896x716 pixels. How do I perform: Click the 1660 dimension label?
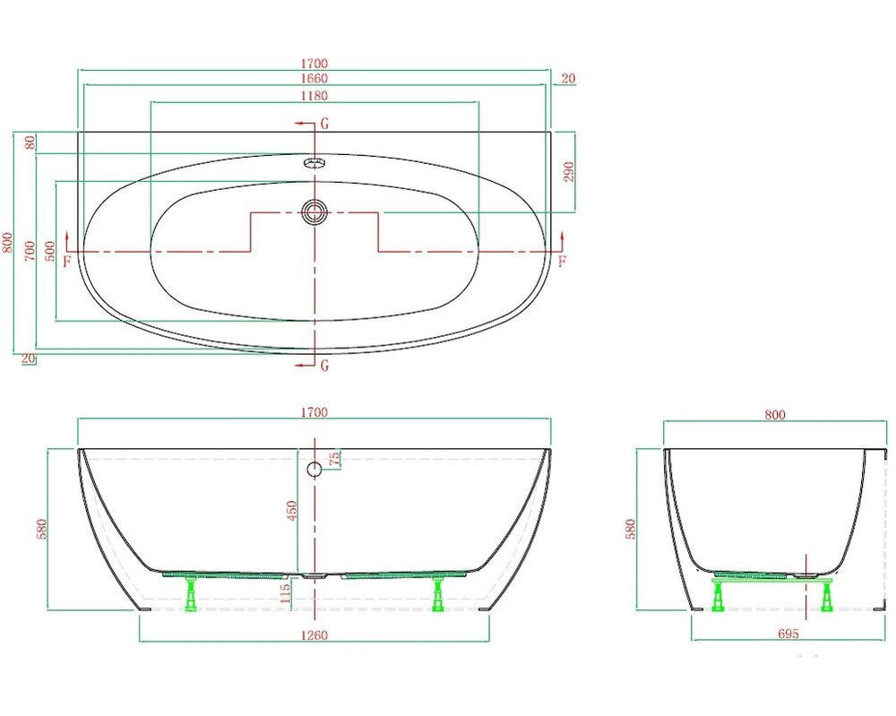click(x=314, y=78)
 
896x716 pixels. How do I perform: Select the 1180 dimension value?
click(x=314, y=95)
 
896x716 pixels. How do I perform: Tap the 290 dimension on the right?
click(x=569, y=171)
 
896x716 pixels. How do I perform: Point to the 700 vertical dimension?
click(x=30, y=252)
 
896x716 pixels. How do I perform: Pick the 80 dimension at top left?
click(x=30, y=142)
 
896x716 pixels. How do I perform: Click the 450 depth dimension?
click(x=292, y=510)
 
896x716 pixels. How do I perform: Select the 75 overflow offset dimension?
click(x=335, y=458)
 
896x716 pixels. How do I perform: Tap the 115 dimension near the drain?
click(x=286, y=594)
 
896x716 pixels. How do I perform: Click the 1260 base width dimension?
click(x=314, y=634)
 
